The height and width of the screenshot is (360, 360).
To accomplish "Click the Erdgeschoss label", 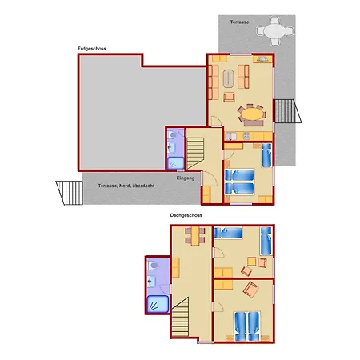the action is pos(92,49).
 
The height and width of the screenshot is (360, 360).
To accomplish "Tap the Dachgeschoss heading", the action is pos(186,215).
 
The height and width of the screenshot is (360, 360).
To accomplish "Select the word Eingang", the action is pos(186,178).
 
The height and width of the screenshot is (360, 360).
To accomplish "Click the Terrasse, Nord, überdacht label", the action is pos(126,186).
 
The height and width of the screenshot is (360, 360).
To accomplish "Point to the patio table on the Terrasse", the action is pos(274,31).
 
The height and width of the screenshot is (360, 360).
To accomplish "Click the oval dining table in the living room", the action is pos(252,114).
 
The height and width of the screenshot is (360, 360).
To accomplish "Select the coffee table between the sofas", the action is pos(228,78).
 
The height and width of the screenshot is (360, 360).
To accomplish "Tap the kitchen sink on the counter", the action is pos(230,137).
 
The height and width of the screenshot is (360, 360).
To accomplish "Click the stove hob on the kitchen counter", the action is pos(246,136).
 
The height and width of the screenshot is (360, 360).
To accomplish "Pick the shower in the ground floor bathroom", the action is pos(175,163).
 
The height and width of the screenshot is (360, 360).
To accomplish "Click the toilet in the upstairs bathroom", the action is pos(154,266).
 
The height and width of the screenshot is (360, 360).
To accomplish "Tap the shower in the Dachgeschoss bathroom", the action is pos(158,304).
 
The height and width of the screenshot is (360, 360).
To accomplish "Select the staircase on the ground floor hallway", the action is pos(195,153).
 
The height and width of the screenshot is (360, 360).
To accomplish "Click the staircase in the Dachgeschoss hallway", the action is pos(180,318).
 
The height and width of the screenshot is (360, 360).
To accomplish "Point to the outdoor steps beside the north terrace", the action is pos(70,193).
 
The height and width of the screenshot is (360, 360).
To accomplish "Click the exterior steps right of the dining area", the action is pos(288,111).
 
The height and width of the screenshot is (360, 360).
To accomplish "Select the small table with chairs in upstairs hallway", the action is pos(195,236).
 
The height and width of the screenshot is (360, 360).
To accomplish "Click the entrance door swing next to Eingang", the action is pos(210,178).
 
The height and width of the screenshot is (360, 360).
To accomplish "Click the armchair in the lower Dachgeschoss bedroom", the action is pos(250,290).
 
